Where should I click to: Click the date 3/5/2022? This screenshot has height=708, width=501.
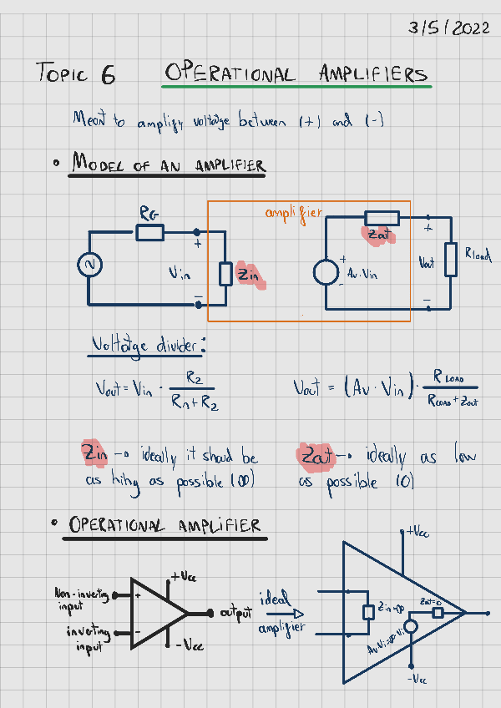449,28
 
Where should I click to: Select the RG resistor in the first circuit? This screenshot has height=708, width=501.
150,232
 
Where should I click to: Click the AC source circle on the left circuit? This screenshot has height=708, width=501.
89,265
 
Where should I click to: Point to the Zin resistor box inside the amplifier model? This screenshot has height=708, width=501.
225,274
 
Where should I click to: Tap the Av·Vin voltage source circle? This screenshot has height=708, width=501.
325,272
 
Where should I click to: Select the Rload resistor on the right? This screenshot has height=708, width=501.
451,260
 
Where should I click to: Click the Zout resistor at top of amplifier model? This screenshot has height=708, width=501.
382,219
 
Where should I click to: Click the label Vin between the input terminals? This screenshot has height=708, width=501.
180,274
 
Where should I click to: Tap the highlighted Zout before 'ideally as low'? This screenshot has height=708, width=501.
315,456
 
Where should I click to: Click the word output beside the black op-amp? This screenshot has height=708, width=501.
236,614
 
